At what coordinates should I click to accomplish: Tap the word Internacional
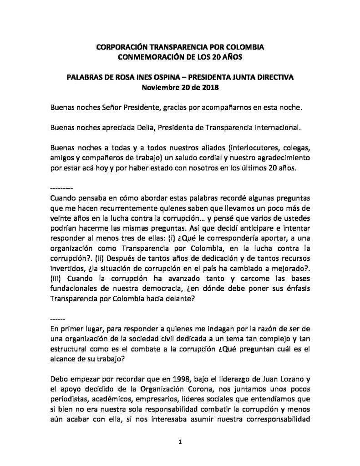coord(276,128)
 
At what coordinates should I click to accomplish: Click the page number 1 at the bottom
coord(180,441)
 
